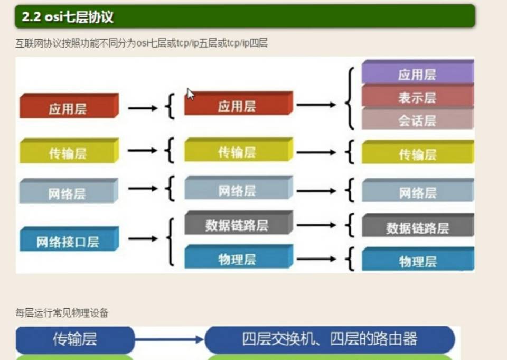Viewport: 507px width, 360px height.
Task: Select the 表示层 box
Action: click(x=418, y=96)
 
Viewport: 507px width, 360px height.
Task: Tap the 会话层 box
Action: click(x=418, y=118)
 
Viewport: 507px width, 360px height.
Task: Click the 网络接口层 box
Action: click(x=69, y=239)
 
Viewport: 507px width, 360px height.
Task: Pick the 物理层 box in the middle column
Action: click(x=239, y=257)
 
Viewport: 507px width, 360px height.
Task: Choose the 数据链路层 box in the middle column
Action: click(x=239, y=223)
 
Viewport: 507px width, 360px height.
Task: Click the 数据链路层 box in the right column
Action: click(x=418, y=225)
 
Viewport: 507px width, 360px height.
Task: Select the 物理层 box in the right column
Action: click(x=418, y=259)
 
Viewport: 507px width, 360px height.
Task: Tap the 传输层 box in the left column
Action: click(x=69, y=151)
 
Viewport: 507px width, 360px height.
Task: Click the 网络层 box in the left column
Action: click(x=69, y=191)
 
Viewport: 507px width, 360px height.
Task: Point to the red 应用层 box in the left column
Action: click(x=69, y=106)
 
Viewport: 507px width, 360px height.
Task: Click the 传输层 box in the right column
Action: click(x=418, y=152)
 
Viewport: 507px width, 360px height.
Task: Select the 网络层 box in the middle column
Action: click(x=239, y=188)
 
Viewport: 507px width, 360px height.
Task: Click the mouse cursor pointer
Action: click(x=191, y=94)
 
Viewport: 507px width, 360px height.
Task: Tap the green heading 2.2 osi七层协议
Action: click(x=245, y=16)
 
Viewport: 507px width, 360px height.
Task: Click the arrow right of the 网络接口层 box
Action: click(x=143, y=239)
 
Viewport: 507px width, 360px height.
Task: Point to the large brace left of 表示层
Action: click(x=350, y=98)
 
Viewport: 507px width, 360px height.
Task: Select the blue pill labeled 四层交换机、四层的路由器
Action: click(x=330, y=339)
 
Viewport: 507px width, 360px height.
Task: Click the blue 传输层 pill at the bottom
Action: click(x=75, y=340)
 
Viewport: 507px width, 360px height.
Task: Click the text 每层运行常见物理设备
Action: click(x=62, y=313)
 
